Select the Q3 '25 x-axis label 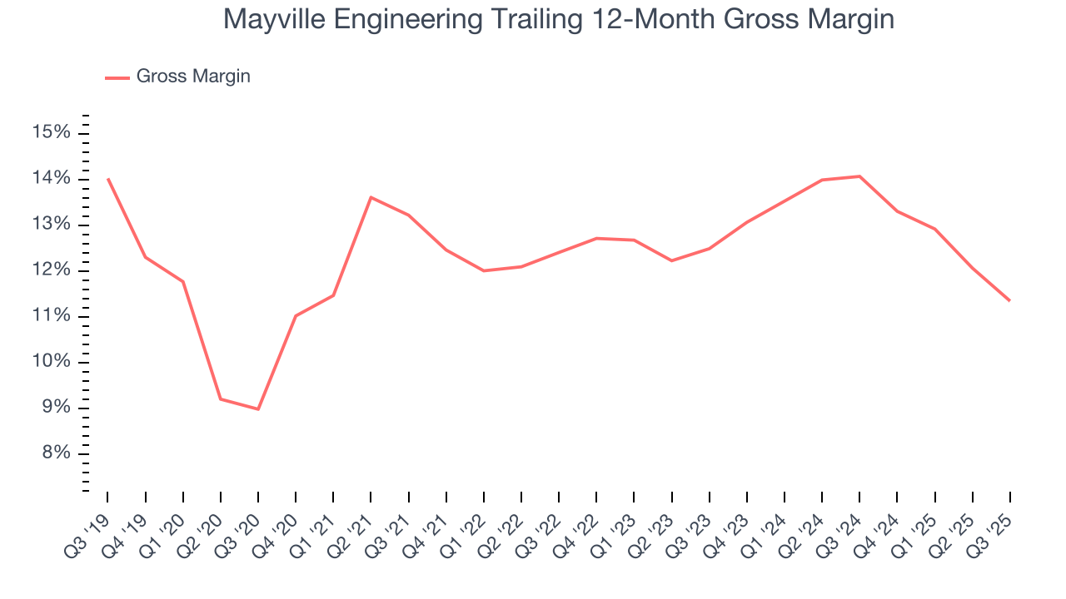pyautogui.click(x=995, y=522)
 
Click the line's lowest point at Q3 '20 pyautogui.click(x=258, y=409)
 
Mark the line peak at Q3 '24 pyautogui.click(x=859, y=176)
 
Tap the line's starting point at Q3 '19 pyautogui.click(x=108, y=179)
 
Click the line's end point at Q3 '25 pyautogui.click(x=1009, y=300)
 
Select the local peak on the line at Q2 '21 pyautogui.click(x=371, y=197)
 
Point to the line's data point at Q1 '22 pyautogui.click(x=484, y=270)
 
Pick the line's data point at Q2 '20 pyautogui.click(x=221, y=399)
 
